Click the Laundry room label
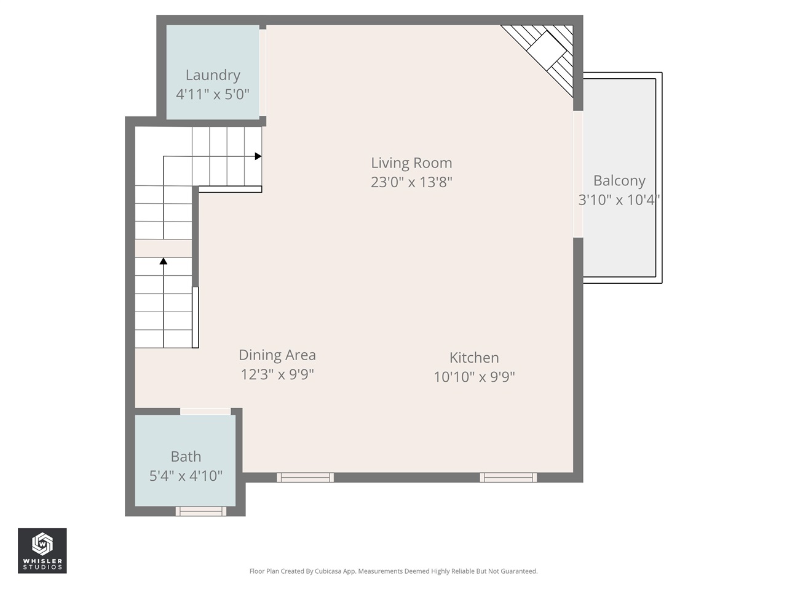coord(213,75)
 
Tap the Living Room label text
coord(411,163)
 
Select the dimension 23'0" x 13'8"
coord(411,182)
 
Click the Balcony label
coord(619,181)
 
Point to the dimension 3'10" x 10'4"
coord(619,200)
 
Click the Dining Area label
coord(277,355)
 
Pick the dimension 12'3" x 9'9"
coord(277,374)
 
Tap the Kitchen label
coord(474,358)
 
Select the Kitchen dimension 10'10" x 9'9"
coord(474,377)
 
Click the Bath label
coord(186,457)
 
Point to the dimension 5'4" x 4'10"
coord(186,476)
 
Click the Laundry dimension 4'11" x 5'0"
coord(213,94)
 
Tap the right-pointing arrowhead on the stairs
coord(258,156)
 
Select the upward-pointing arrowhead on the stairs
coord(164,262)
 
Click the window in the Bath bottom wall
coord(201,511)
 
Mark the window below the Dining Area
coord(305,477)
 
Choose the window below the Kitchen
coord(508,477)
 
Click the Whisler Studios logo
coord(42,550)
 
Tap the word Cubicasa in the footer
coord(329,571)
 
